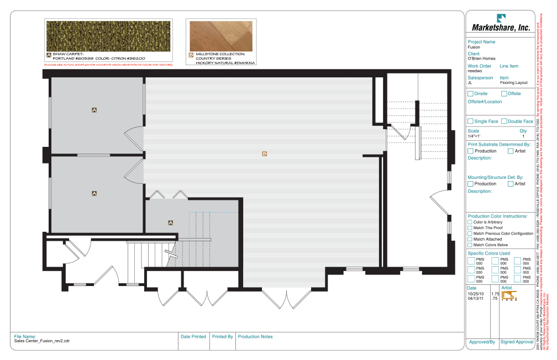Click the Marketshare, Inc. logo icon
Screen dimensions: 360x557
point(501,18)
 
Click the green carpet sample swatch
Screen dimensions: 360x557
point(108,35)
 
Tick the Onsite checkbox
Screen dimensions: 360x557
point(470,94)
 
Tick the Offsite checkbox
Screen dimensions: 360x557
point(503,94)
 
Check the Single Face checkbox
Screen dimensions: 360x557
point(470,121)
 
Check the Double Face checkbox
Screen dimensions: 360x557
point(503,121)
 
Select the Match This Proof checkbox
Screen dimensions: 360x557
point(470,227)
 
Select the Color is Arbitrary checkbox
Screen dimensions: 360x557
point(470,222)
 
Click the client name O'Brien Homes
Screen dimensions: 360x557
point(481,59)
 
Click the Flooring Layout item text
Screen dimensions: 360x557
point(513,83)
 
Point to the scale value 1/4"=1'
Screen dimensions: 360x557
point(474,136)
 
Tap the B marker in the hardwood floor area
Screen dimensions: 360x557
point(265,153)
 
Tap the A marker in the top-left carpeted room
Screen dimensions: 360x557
point(94,110)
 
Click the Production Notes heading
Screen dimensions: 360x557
point(255,336)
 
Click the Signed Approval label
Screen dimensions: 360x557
point(517,342)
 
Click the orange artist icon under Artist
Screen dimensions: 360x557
point(509,296)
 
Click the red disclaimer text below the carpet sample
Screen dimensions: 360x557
point(108,65)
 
